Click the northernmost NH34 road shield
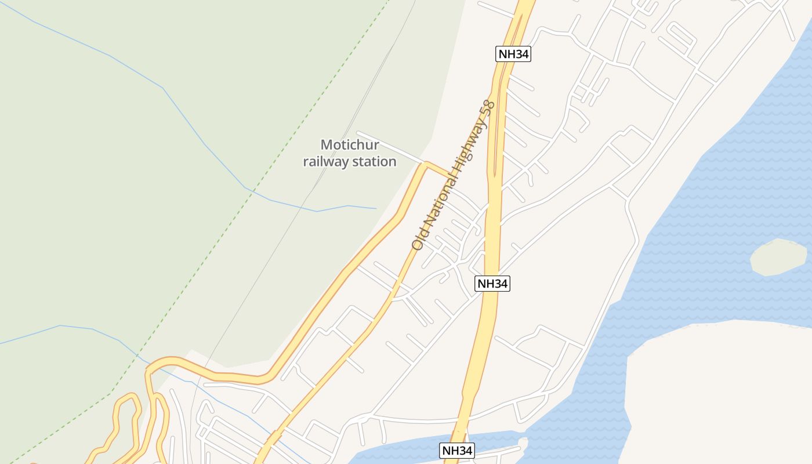[513, 55]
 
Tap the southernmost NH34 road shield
[458, 451]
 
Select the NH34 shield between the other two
[492, 284]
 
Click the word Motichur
[350, 145]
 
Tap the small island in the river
[778, 257]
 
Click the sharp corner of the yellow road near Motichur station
[426, 163]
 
